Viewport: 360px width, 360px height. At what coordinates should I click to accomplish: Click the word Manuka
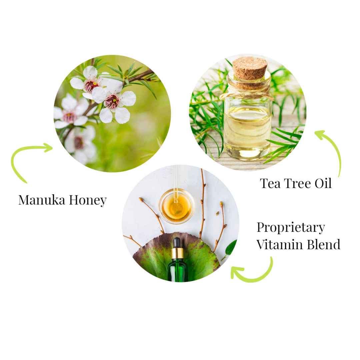[42, 200]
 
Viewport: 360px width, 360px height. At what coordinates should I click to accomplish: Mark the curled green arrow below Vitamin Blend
[253, 272]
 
